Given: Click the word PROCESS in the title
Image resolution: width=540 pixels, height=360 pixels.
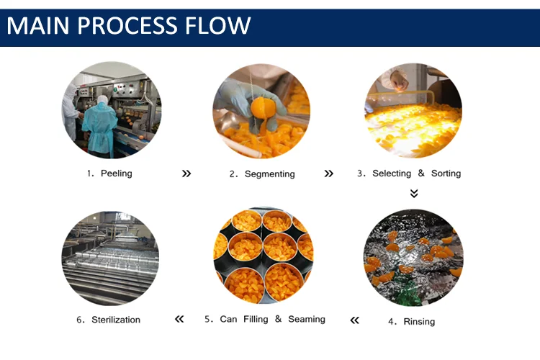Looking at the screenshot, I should pos(127,26).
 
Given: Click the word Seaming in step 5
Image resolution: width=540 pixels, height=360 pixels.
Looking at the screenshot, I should pos(307,319).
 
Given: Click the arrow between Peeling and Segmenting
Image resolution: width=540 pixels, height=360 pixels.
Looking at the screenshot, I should pos(186,174).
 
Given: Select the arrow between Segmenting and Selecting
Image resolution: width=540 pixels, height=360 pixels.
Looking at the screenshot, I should pos(329,174).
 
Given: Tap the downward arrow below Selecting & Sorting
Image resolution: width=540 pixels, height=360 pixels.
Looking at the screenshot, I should pos(414,193).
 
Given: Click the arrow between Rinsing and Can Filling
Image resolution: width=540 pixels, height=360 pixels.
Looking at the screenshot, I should pos(354,320).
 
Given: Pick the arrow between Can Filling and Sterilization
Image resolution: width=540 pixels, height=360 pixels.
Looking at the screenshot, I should pos(179,319).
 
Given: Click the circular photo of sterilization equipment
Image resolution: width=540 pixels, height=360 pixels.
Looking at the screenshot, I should pos(110,258).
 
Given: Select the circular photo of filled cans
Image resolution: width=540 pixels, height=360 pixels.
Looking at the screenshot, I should pos(263,256).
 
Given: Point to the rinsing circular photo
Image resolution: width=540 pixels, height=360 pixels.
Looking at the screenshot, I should pos(413,258).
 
